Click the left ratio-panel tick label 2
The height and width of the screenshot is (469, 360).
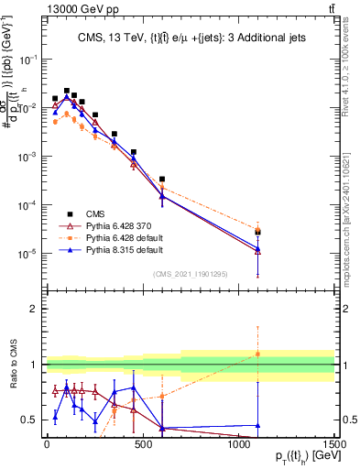[35, 309]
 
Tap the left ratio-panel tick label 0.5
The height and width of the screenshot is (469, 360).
[31, 420]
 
